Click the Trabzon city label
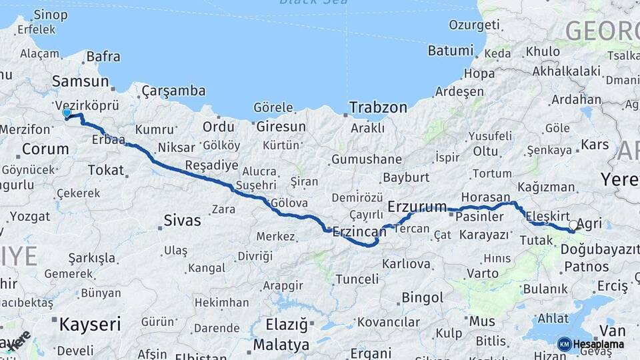tap(379, 107)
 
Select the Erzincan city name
tap(359, 231)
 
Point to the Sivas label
tap(182, 219)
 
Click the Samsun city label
tap(80, 81)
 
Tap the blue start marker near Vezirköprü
tap(67, 113)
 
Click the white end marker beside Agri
tap(573, 225)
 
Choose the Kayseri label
tap(90, 325)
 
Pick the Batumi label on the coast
tap(450, 50)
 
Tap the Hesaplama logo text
tap(597, 344)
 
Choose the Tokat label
tap(106, 170)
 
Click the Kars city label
tap(595, 145)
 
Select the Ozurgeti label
tap(474, 25)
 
